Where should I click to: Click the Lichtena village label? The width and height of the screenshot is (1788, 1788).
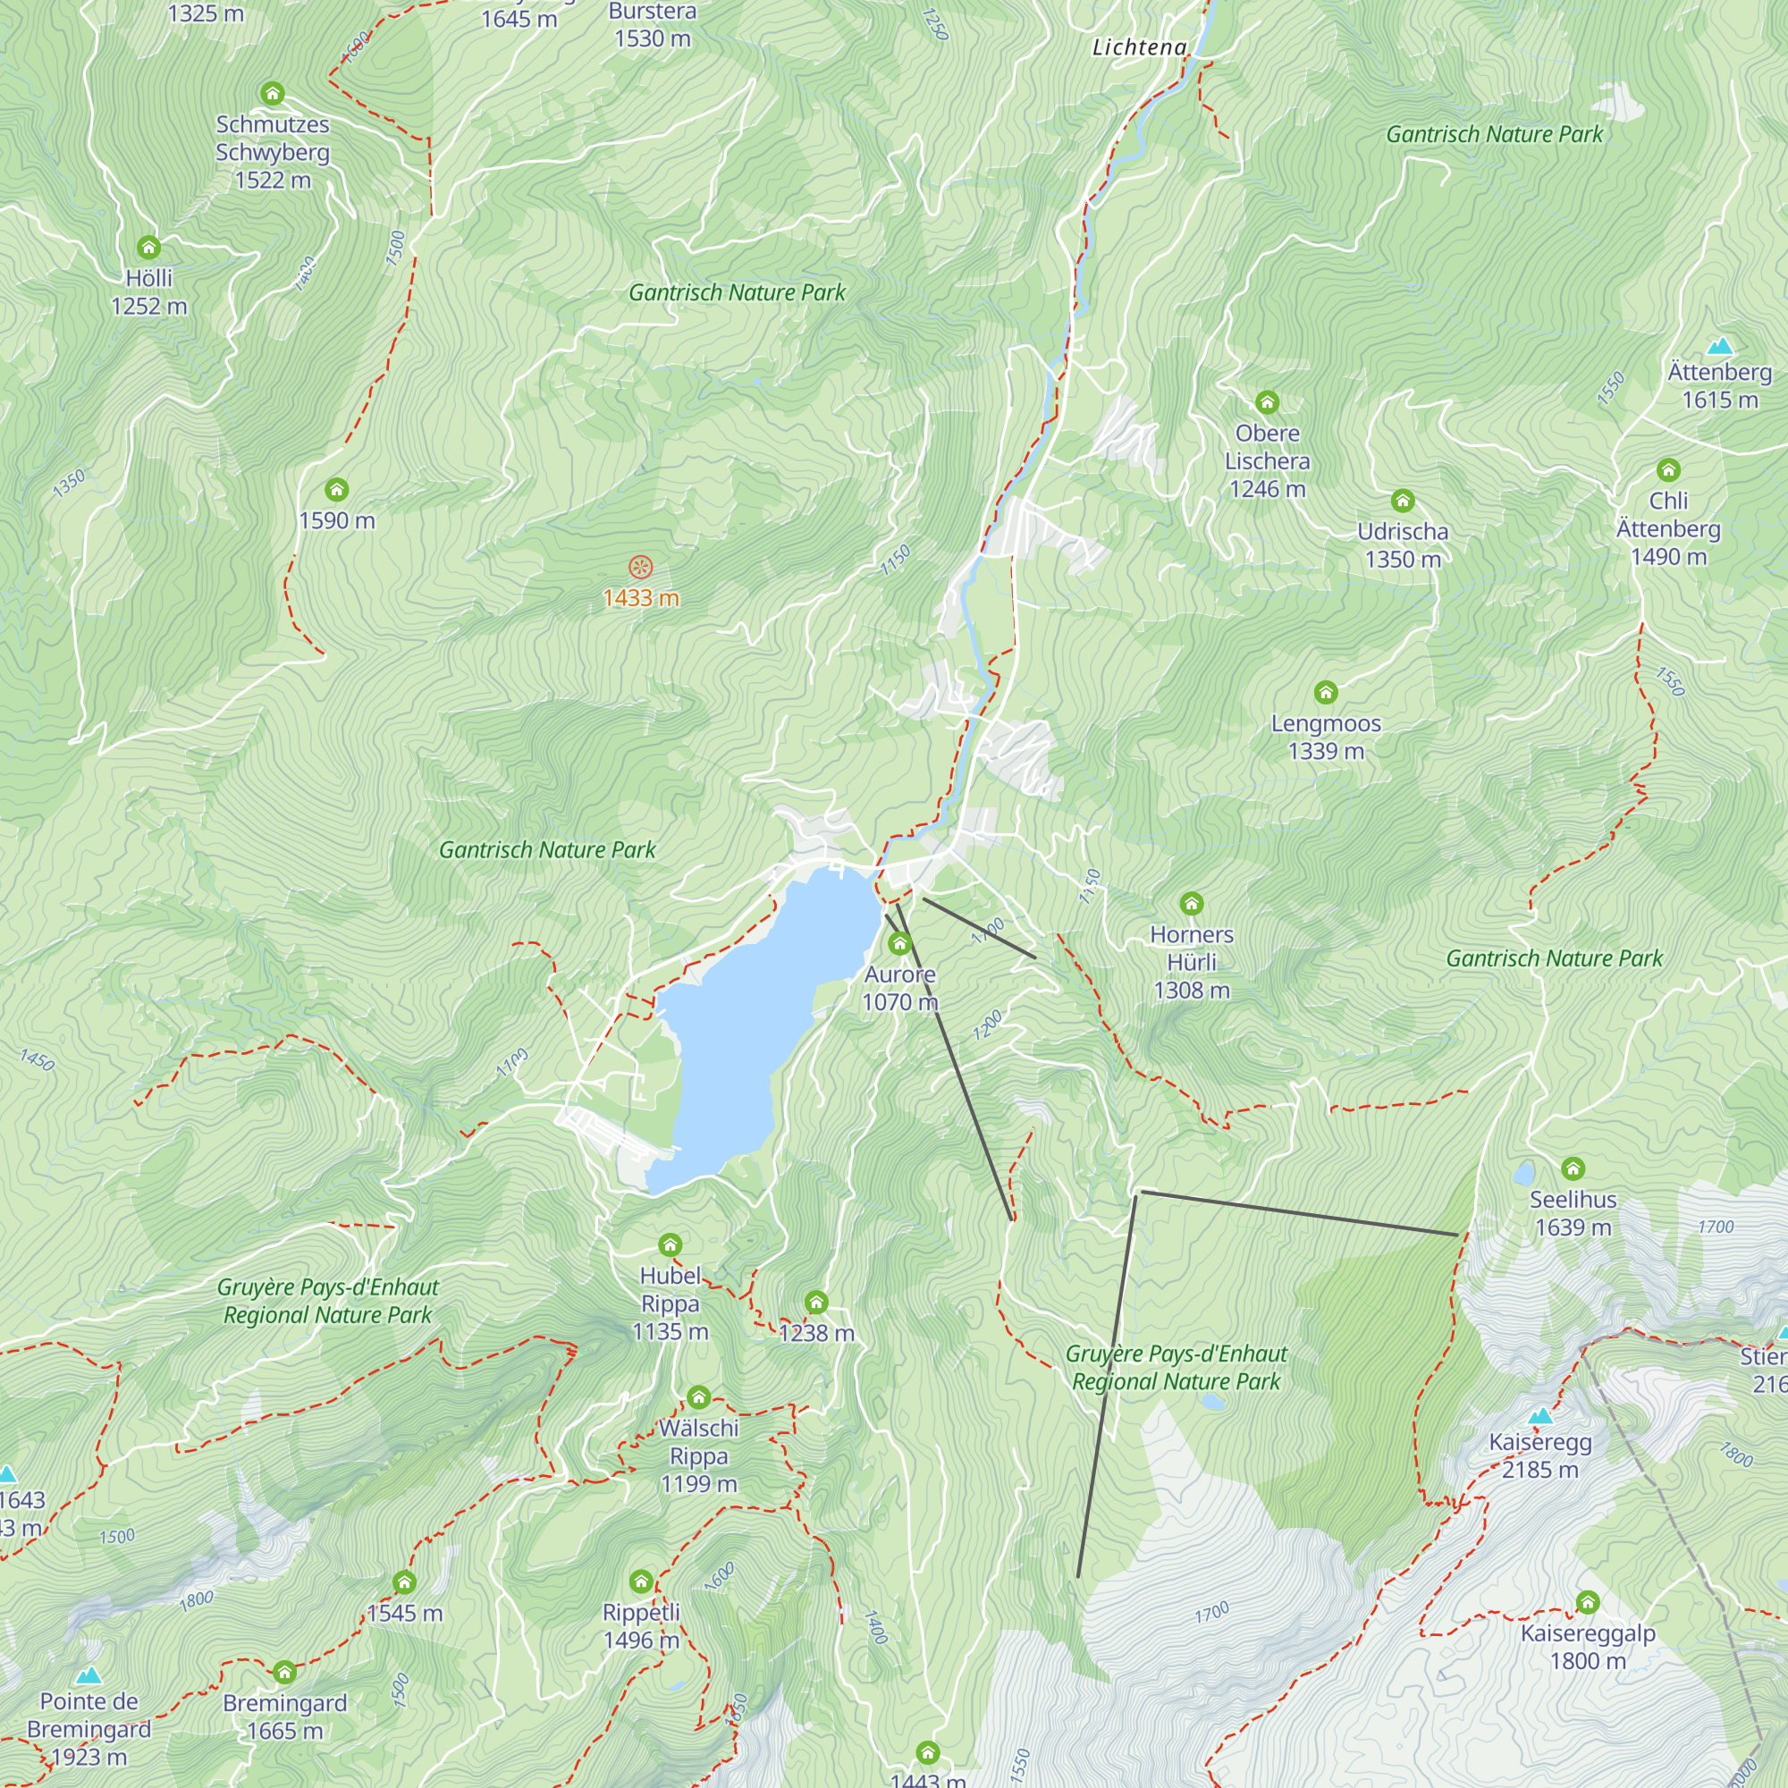coord(1139,47)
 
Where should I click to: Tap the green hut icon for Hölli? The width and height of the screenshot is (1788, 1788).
coord(149,247)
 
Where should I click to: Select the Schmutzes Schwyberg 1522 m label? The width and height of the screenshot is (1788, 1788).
coord(272,152)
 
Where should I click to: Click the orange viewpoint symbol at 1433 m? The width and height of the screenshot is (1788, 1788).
coord(640,568)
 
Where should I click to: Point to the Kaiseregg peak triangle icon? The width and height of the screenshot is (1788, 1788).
coord(1540,1417)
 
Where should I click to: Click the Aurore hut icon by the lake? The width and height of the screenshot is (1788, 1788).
coord(899,944)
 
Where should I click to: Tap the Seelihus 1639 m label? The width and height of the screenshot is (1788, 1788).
coord(1573,1213)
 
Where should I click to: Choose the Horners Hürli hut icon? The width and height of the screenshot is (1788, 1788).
coord(1191,903)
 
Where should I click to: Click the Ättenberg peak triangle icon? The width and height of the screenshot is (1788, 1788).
coord(1719,346)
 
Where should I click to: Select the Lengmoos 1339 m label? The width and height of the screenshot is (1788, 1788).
coord(1325,737)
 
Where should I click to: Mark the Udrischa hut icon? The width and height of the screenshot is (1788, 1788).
coord(1402,502)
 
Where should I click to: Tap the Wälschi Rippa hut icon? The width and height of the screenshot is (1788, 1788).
coord(699,1396)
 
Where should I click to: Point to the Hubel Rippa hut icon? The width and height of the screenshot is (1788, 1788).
coord(670,1244)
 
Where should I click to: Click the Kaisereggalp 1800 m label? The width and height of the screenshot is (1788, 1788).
coord(1587,1647)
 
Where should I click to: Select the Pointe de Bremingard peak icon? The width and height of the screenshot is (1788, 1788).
coord(89,1676)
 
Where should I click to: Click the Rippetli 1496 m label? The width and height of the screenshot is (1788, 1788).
coord(640,1626)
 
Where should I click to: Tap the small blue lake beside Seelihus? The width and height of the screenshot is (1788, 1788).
coord(1522,1175)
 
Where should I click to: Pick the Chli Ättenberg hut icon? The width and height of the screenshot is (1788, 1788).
coord(1667,470)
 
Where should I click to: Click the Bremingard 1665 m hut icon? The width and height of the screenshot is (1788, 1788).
coord(285,1673)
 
